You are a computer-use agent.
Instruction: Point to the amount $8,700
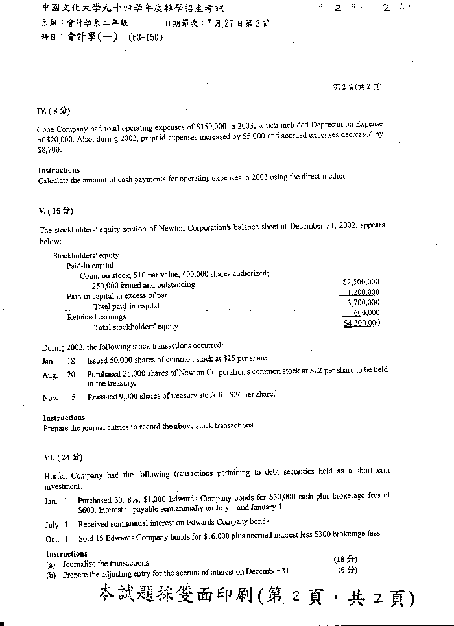[x=49, y=149]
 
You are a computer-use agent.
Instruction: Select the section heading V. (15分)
[x=56, y=210]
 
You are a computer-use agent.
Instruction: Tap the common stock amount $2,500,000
[x=361, y=282]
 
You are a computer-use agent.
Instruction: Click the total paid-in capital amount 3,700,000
[x=363, y=303]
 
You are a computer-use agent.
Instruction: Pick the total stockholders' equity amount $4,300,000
[x=362, y=323]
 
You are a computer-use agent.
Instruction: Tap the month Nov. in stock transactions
[x=51, y=397]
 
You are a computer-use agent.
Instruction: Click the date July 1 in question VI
[x=56, y=525]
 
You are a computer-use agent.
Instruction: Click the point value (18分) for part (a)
[x=345, y=559]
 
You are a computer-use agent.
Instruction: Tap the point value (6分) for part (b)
[x=347, y=570]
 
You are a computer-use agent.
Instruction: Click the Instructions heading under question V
[x=64, y=418]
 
